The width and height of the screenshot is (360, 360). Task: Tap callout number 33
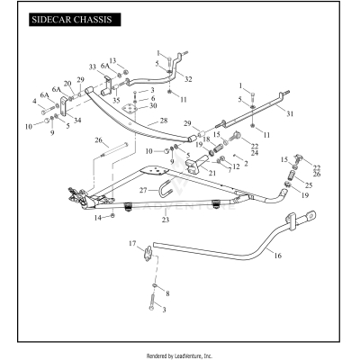tap(93, 67)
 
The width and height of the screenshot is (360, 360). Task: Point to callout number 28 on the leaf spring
tap(163, 120)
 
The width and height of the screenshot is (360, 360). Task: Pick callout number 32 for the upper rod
tap(188, 79)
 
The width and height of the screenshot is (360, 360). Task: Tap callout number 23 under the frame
tap(165, 220)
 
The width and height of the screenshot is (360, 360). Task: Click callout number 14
tap(99, 217)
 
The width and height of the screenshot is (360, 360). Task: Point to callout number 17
tap(131, 244)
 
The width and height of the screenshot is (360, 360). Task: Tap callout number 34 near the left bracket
tap(76, 120)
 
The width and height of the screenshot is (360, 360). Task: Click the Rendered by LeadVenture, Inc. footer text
tap(180, 355)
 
